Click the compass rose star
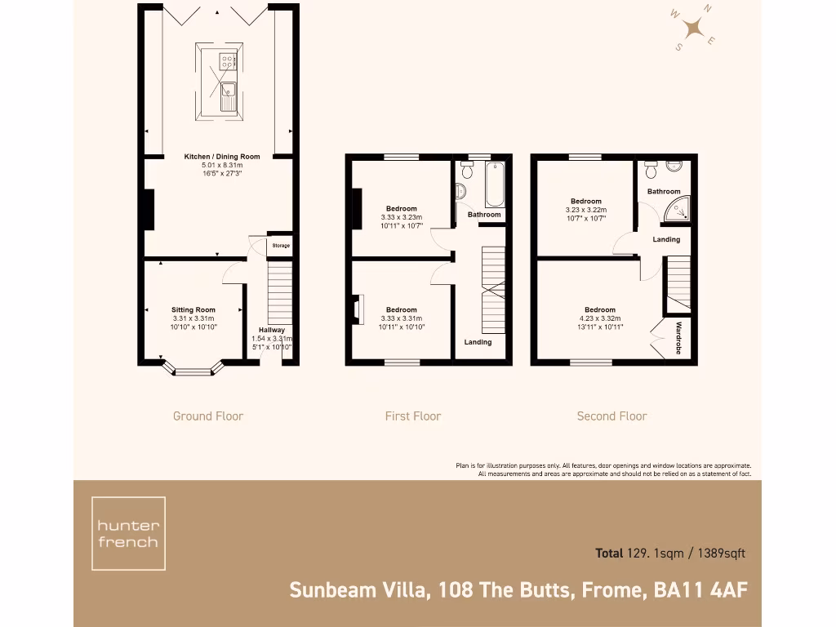pos(695,29)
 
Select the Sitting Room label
pos(193,310)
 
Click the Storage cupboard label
pos(281,246)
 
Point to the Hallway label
pos(272,330)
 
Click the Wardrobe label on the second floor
pos(678,338)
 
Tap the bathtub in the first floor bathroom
pos(495,184)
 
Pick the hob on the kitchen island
pos(227,59)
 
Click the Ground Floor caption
pos(208,416)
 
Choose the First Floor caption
pos(413,416)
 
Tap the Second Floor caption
pos(611,416)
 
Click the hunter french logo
pos(128,533)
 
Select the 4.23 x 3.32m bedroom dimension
pos(600,318)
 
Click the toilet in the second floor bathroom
pos(651,171)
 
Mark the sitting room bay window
pos(193,371)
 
